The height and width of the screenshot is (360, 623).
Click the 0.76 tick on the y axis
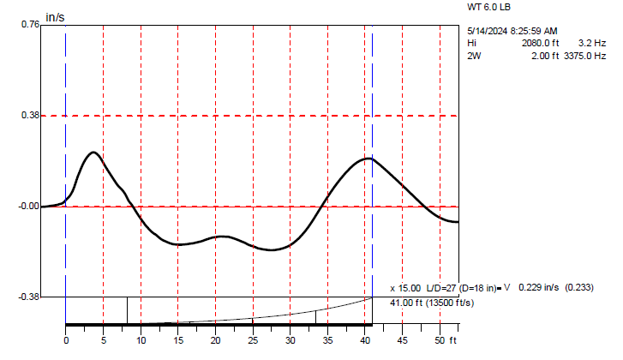point(29,25)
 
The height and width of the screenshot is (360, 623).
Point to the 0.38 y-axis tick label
point(29,116)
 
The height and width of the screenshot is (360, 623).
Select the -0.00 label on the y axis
point(27,207)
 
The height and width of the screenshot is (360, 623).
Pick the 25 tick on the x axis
point(253,339)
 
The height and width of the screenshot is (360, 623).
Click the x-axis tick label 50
point(440,339)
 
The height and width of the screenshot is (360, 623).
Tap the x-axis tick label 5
point(103,339)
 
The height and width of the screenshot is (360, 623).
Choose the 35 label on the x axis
point(327,339)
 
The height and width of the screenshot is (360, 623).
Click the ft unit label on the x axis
point(455,339)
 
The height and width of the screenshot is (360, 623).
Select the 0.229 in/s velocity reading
point(538,287)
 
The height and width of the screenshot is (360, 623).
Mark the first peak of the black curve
point(93,152)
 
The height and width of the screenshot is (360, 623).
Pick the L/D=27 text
point(437,287)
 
